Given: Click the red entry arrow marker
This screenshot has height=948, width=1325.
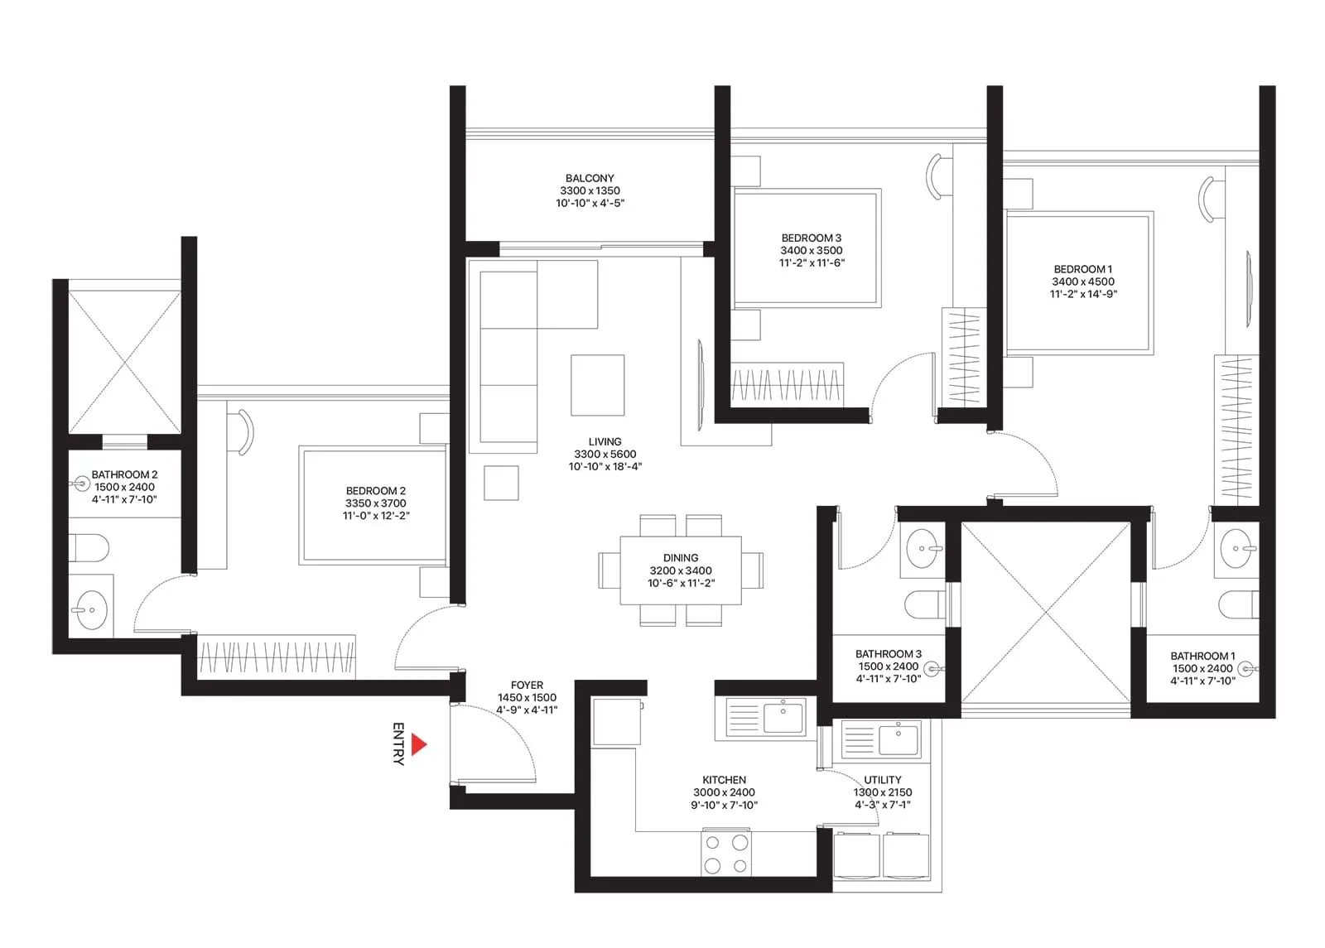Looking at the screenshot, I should click(418, 744).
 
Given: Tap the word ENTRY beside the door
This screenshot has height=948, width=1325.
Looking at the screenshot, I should click(398, 743).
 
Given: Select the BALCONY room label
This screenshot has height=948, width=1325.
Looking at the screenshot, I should click(590, 178).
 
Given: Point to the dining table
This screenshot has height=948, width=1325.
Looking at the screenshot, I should click(681, 570).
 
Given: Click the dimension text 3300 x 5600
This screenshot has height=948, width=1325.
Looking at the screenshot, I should click(605, 454).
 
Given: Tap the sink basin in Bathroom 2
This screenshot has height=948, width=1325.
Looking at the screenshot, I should click(90, 611).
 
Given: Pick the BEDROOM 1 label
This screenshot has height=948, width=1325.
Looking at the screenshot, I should click(1082, 269).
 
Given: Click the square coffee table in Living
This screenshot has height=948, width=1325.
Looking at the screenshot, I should click(597, 385).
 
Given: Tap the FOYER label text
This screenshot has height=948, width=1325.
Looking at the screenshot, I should click(527, 686).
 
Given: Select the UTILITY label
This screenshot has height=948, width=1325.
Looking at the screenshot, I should click(882, 780).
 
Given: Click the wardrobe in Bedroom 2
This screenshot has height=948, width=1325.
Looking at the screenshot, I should click(277, 657).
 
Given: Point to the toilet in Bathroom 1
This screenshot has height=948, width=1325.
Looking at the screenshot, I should click(1237, 604).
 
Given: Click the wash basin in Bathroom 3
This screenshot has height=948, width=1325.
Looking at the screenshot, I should click(922, 548).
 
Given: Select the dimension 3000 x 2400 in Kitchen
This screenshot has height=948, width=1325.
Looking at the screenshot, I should click(724, 792).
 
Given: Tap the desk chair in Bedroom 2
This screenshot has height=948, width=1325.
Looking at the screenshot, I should click(243, 431).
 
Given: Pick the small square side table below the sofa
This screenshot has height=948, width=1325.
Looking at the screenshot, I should click(501, 483).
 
